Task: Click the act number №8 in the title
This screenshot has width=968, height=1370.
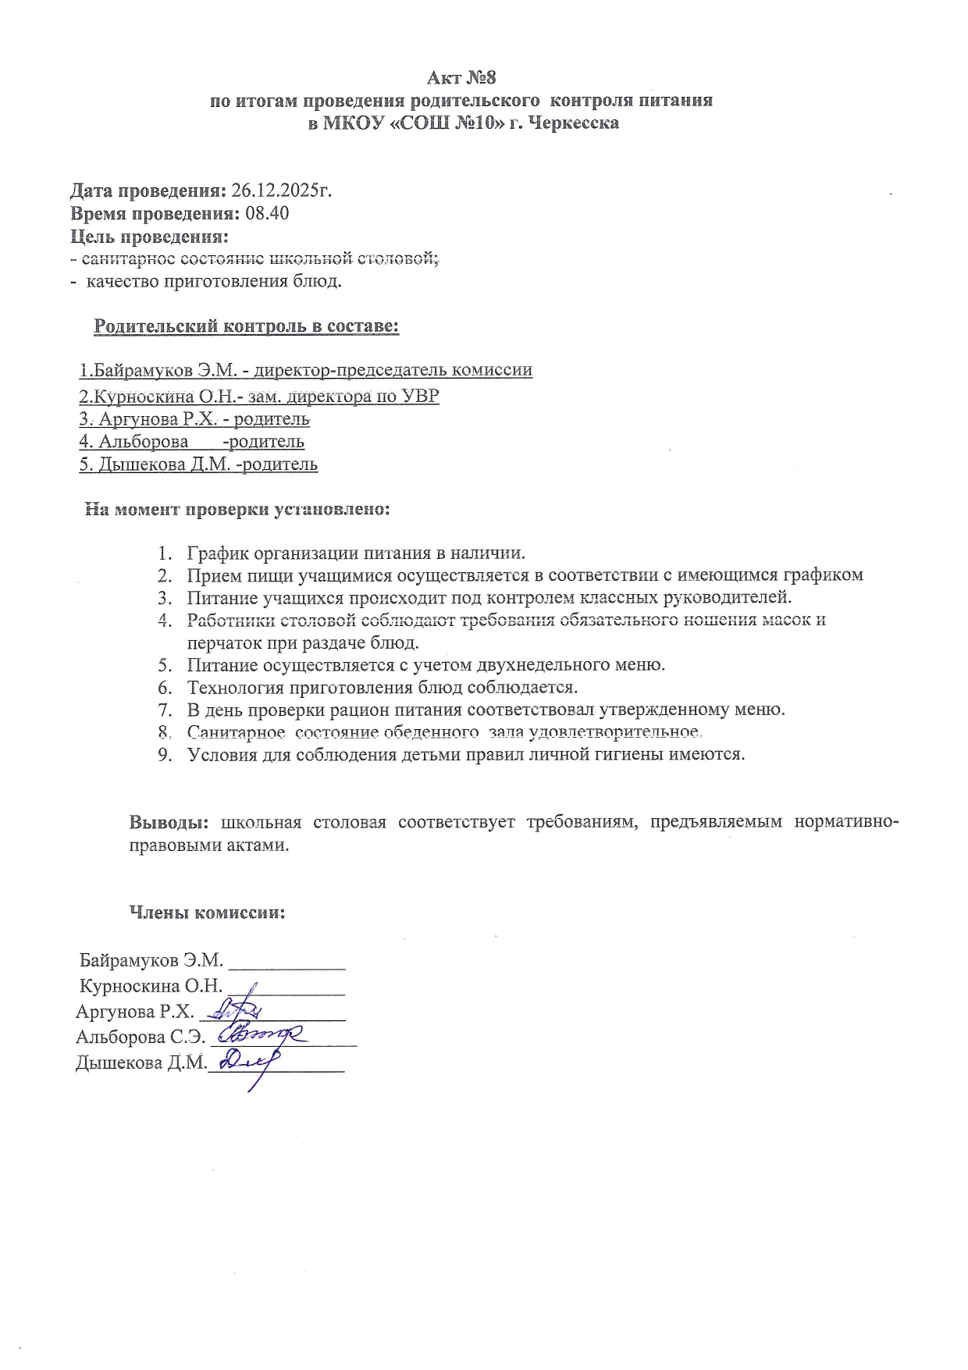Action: (x=481, y=78)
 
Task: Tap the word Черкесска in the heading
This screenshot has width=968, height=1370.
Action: (x=575, y=123)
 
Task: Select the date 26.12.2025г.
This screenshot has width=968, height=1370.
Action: (x=282, y=191)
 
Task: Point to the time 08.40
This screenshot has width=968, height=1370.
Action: (x=267, y=214)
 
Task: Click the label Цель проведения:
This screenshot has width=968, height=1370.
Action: (x=149, y=237)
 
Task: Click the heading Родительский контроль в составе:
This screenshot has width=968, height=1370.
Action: (x=246, y=326)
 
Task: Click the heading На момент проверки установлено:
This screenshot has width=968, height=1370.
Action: (x=237, y=510)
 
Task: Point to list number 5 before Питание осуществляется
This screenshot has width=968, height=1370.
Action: (x=164, y=666)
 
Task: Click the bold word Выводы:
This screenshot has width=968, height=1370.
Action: (x=169, y=823)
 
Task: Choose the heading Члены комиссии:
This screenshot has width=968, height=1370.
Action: (x=207, y=913)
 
